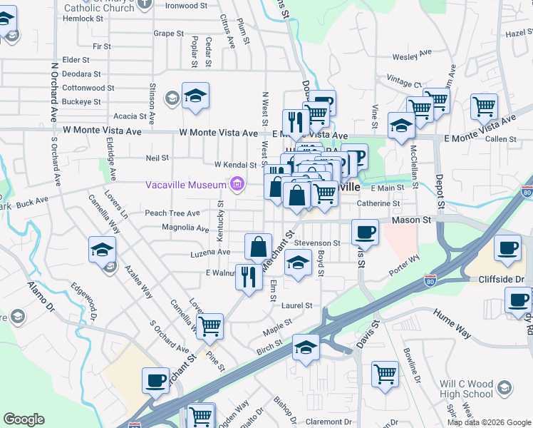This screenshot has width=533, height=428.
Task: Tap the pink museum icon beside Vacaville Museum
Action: (x=237, y=185)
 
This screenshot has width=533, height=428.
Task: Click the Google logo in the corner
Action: (x=24, y=419)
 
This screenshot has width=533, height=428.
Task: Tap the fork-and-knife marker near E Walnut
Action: (x=248, y=275)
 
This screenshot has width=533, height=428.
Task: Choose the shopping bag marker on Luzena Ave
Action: (x=259, y=246)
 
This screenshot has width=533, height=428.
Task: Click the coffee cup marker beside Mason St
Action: (x=365, y=231)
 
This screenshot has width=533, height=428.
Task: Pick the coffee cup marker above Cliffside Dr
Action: (x=507, y=247)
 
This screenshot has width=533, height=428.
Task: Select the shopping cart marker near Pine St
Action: (x=209, y=326)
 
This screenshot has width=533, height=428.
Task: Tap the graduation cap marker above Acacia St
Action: (x=195, y=96)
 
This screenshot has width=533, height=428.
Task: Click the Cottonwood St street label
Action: (x=88, y=88)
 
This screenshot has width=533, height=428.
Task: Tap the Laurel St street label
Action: (x=297, y=305)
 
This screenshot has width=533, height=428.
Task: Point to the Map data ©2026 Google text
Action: (x=488, y=422)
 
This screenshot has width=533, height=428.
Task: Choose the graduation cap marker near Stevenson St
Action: (x=298, y=263)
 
